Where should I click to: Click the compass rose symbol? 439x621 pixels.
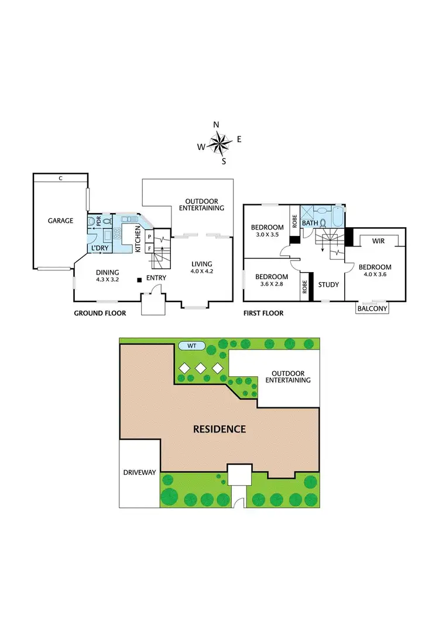pos(219,142)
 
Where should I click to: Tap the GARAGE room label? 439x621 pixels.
pos(61,221)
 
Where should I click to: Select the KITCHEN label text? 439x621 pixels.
pos(138,239)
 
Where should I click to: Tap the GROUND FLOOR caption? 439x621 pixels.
pos(100,313)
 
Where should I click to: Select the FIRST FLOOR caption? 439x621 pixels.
pos(263,313)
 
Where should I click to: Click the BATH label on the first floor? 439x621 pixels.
pos(310,223)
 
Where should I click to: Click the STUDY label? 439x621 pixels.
pos(328,285)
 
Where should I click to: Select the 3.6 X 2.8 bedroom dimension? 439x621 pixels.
pos(271,284)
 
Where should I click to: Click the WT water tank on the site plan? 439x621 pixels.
pos(192,346)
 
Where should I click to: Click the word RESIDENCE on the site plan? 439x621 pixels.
pos(220,429)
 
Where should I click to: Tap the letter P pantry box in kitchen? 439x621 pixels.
pos(149,236)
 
